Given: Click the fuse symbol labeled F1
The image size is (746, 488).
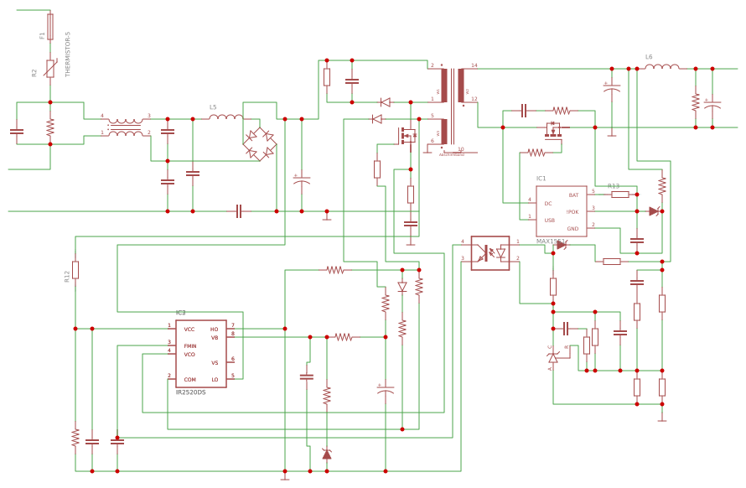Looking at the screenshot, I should pos(50,27).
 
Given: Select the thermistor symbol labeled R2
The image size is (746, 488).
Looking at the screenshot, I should pos(50,69).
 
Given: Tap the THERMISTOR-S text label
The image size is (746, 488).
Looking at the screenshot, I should pos(68,55).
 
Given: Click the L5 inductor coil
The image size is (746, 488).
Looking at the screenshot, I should pos(225,117).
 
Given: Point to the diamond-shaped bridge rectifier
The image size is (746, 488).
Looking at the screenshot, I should pos(259,143).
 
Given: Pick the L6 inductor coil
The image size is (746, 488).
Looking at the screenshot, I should pos(662,67).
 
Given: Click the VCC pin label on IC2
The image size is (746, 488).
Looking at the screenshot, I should pos(189,330).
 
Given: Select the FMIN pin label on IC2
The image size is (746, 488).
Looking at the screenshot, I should pos(190,345).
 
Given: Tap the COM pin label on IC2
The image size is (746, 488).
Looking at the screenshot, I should pos(189,380).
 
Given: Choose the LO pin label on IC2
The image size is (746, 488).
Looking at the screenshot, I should pos(215,380).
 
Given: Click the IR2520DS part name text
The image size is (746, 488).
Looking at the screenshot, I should pos(190,392).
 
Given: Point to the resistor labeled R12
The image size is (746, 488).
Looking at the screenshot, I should pos(75,270).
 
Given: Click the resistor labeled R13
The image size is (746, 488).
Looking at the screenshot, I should pos(619,195).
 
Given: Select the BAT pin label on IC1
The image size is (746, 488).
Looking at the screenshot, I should pos(573,195).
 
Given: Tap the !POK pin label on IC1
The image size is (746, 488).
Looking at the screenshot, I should pos(572,212).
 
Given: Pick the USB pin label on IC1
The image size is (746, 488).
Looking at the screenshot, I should pos(549,221).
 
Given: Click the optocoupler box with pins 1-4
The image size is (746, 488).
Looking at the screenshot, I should pos(490,253).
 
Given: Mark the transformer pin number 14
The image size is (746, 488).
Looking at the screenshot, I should pos(474,65).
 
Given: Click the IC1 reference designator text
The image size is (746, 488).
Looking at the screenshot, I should pos(541,179).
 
